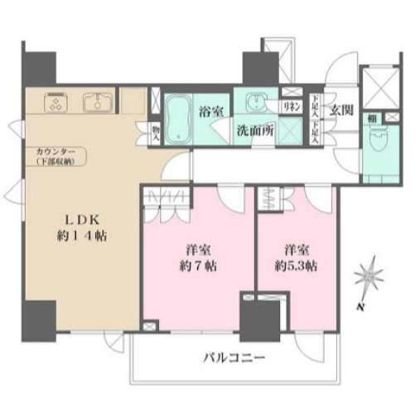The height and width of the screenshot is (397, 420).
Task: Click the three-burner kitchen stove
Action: point(57,103)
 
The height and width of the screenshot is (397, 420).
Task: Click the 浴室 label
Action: point(209,109)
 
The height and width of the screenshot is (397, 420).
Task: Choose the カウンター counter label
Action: point(53,153)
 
